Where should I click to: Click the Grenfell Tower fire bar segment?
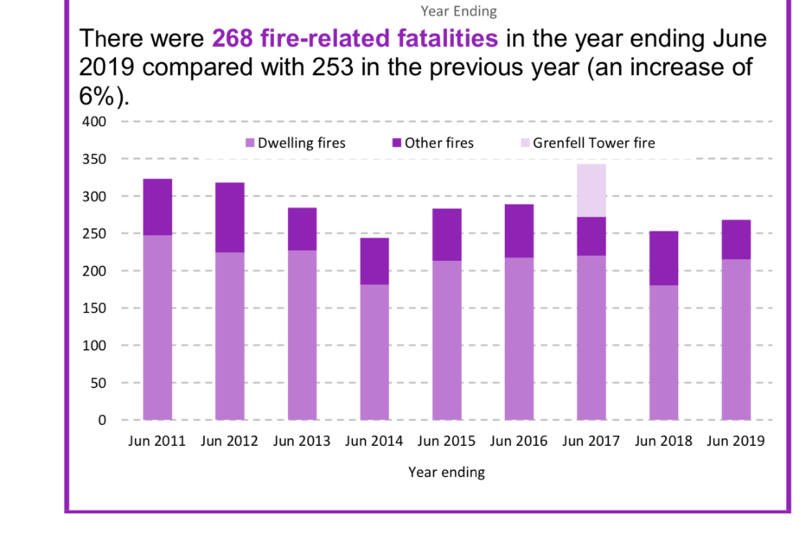(x=591, y=190)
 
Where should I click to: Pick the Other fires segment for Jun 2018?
(x=664, y=258)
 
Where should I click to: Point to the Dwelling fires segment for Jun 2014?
(x=374, y=352)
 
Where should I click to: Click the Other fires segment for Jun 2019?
(x=736, y=240)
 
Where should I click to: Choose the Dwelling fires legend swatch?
(x=251, y=143)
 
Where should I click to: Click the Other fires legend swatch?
(x=397, y=143)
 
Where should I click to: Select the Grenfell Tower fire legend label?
(x=594, y=143)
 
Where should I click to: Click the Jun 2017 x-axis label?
(x=591, y=442)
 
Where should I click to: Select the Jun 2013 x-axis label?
(x=302, y=442)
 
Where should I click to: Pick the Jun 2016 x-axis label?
(x=519, y=442)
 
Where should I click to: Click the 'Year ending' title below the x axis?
(x=446, y=473)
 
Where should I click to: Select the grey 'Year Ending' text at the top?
(x=458, y=11)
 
